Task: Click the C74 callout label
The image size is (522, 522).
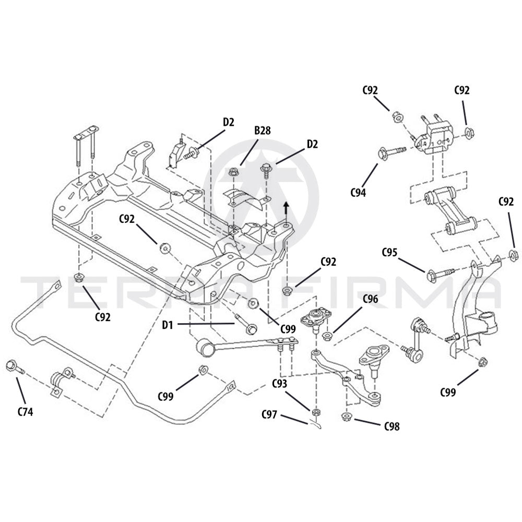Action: point(25,411)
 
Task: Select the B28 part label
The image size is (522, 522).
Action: point(262,130)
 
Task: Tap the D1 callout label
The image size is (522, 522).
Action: point(167,326)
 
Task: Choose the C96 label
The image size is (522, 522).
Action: point(370,300)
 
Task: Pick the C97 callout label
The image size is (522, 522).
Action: point(270,414)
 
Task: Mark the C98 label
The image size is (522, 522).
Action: point(392,426)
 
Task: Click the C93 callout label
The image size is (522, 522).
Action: point(280,384)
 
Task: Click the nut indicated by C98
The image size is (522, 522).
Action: point(345,416)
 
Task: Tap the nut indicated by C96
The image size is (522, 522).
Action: point(327,336)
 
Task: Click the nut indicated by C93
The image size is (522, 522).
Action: point(315,412)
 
